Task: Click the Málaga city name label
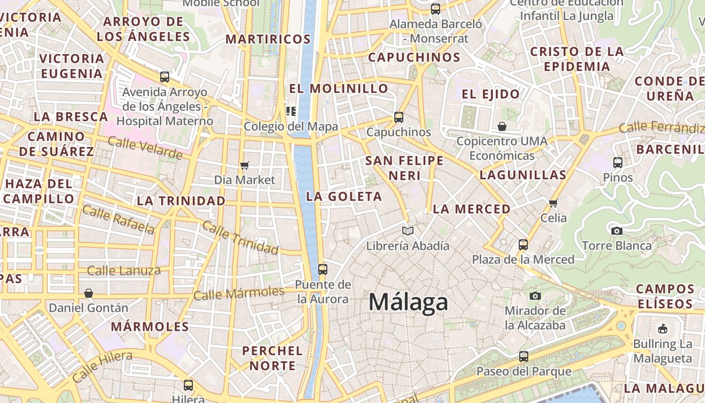408,302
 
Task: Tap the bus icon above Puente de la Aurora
323,270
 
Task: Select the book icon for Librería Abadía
408,231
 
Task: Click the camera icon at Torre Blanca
616,231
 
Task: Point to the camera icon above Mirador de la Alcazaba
535,296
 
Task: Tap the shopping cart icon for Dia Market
245,165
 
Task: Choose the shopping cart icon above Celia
553,203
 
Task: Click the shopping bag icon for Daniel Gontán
89,293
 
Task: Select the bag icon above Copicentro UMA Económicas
502,126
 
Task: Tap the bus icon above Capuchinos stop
399,117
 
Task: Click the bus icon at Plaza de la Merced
523,245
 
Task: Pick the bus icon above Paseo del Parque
524,357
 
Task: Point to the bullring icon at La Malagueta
663,329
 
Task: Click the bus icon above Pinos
618,163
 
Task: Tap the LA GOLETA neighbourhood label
344,196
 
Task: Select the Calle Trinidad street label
240,238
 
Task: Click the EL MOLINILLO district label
338,89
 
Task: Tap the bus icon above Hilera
188,385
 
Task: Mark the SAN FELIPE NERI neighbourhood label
404,168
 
